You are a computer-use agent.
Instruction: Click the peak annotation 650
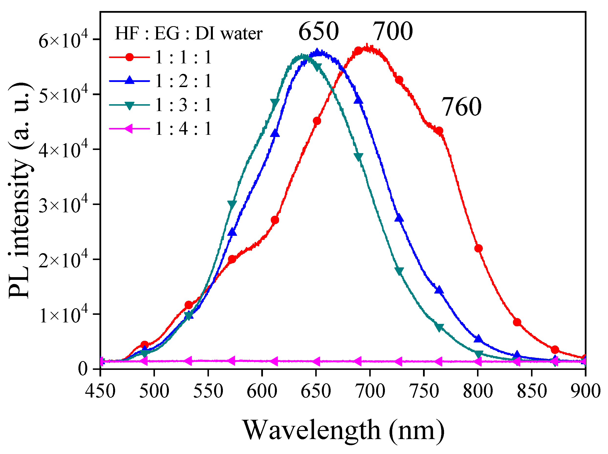point(318,31)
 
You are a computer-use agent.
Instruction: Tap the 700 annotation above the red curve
point(392,31)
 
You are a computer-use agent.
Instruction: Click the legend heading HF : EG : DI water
point(189,34)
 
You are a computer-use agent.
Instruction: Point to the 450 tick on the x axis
point(100,391)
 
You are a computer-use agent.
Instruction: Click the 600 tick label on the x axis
point(262,391)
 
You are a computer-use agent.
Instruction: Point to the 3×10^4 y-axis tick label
point(63,205)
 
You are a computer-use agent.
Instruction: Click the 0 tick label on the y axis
point(83,369)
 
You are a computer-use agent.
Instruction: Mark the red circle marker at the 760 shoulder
point(439,131)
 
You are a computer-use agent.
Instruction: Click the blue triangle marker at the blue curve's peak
point(317,52)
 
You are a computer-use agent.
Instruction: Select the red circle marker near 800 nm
point(478,249)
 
